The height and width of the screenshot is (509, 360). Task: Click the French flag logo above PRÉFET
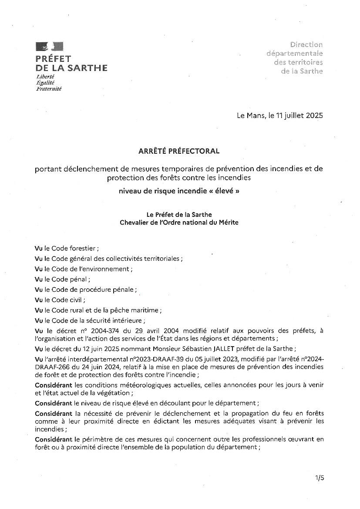pos(49,47)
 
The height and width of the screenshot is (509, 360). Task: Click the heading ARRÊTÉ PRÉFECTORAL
pos(179,151)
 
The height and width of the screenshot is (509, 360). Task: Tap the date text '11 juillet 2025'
pos(300,116)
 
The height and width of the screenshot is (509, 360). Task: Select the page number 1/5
pos(320,478)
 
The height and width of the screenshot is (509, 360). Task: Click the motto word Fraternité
pos(49,88)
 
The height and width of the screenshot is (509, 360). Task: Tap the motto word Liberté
pos(46,76)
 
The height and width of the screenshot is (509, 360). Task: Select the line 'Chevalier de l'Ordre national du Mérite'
pos(179,222)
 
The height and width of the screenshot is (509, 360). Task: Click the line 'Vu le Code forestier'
pos(67,248)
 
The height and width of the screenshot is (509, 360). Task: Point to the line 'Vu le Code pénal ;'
pos(63,279)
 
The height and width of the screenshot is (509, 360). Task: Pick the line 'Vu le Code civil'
pos(60,300)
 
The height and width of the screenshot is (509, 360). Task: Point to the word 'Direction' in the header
pos(306,44)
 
